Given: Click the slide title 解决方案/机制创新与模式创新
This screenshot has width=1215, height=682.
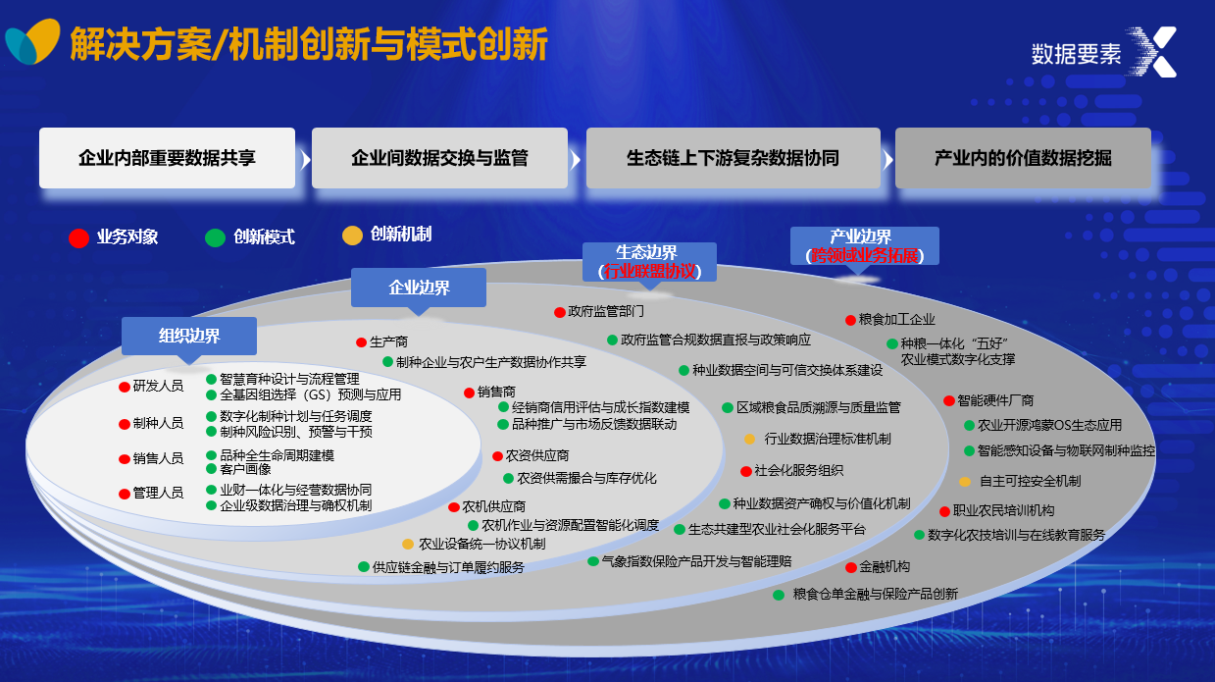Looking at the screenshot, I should [308, 44].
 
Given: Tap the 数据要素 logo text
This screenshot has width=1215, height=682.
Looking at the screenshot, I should [1075, 55].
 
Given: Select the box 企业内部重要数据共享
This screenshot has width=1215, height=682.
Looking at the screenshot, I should [167, 158].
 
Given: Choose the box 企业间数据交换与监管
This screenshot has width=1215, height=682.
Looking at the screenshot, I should [439, 158].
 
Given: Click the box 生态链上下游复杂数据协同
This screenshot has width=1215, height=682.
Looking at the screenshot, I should [733, 158].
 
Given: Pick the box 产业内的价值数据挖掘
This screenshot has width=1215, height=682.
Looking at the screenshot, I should [1022, 158].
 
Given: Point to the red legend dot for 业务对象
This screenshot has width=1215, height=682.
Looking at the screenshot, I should [78, 237].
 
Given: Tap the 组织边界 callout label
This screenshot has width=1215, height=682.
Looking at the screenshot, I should [189, 336].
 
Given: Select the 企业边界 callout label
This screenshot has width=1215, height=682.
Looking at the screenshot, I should [419, 288].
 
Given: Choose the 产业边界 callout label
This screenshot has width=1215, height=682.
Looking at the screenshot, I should [864, 245].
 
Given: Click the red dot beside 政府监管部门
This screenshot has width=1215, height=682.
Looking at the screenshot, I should [560, 312].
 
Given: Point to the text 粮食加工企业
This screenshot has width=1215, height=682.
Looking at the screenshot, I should [896, 319].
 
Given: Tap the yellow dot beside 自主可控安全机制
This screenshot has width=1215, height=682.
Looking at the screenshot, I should [965, 482].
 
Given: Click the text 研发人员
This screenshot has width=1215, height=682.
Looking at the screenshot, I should [158, 386].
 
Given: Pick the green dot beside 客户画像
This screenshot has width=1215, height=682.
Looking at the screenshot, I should [212, 469].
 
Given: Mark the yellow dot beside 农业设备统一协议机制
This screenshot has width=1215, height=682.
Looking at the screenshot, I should [408, 544].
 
